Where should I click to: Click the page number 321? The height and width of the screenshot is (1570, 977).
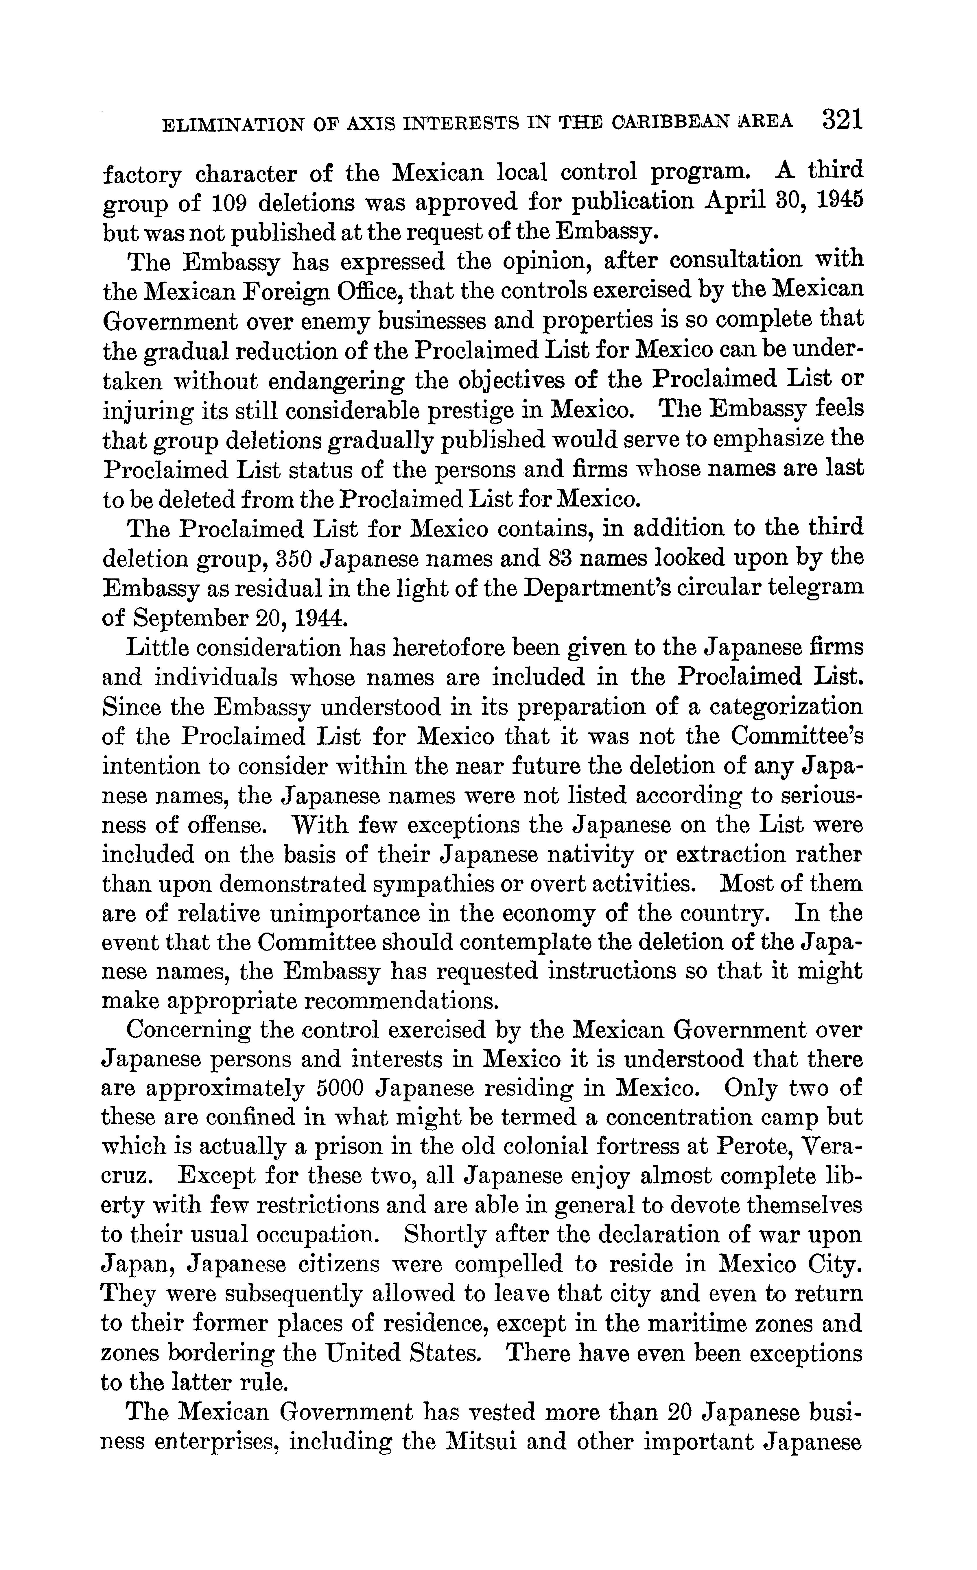[842, 121]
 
